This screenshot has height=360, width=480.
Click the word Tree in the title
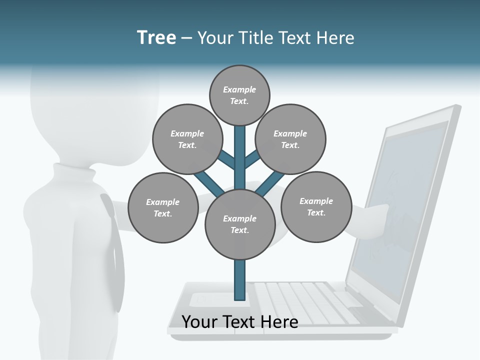pos(156,38)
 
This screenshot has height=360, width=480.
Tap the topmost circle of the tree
pos(239,95)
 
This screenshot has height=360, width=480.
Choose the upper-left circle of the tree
pos(187,139)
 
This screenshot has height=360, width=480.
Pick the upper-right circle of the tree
pos(290,139)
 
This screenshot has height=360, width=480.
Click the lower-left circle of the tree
pos(163,207)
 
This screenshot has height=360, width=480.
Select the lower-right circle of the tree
pos(316,206)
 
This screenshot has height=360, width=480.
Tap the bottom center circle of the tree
pos(240,224)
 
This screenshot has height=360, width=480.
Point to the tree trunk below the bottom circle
pos(240,280)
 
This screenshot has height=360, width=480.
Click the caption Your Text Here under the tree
pos(240,322)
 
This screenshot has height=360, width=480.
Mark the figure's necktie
pos(114,250)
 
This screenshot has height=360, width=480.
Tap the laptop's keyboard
pos(305,300)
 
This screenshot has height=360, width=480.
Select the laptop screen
pos(400,210)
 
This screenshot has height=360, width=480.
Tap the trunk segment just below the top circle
pos(240,140)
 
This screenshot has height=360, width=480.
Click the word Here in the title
pos(334,38)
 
